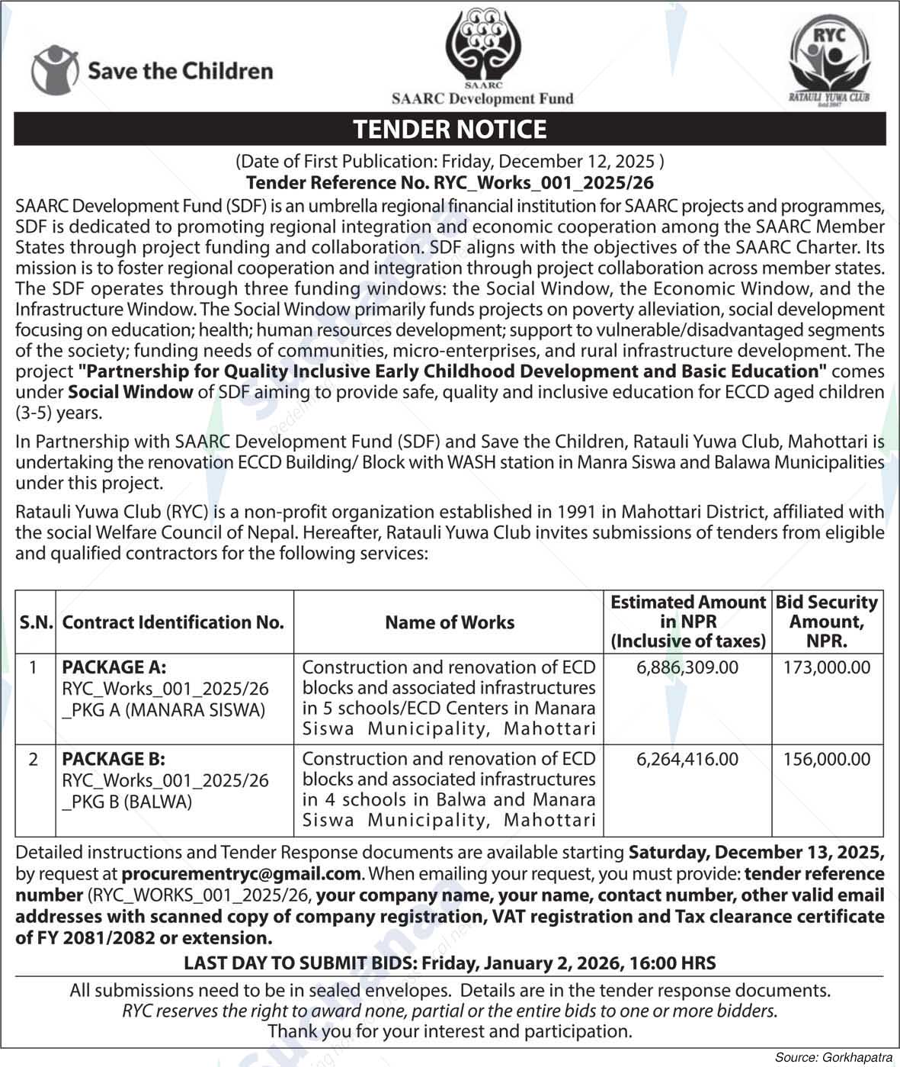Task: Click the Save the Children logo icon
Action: click(x=55, y=70)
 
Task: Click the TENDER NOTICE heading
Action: click(x=450, y=129)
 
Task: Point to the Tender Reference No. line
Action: click(x=450, y=183)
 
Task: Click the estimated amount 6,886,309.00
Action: click(x=687, y=667)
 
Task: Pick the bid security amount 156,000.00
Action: click(x=827, y=759)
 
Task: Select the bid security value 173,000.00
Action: click(x=827, y=667)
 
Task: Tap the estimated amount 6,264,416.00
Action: click(x=687, y=759)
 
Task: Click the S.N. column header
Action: click(x=36, y=622)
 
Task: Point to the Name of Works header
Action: click(x=450, y=622)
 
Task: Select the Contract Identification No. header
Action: click(x=173, y=622)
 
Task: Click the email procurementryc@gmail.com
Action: click(x=241, y=874)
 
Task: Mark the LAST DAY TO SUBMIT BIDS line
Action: click(x=450, y=963)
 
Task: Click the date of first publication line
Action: click(x=450, y=162)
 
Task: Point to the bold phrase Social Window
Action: click(x=130, y=392)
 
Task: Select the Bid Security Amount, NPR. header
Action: click(x=827, y=622)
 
